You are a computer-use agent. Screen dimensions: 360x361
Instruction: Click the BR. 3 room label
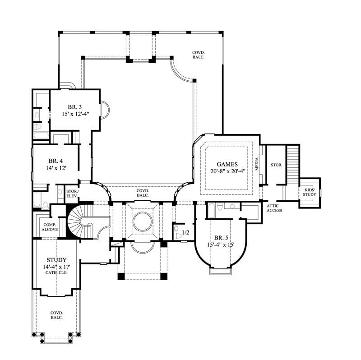coord(75,107)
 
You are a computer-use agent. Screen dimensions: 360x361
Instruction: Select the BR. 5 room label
coord(221,238)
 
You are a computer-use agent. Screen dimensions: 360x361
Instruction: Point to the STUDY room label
coord(57,260)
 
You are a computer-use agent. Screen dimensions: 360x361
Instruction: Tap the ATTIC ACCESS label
coord(274,208)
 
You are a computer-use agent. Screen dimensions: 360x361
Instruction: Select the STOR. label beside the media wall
coord(276,165)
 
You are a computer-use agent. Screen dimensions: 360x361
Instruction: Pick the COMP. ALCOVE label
coord(49,227)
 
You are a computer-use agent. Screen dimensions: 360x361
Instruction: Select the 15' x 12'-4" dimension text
coord(75,115)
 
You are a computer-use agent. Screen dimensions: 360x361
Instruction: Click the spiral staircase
coord(86,222)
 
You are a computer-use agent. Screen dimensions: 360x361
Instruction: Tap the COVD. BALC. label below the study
coord(56,315)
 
